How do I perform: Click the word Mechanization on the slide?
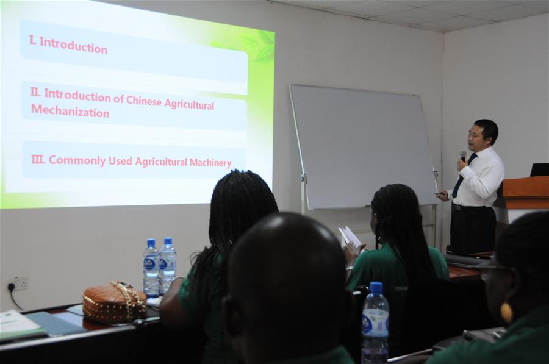70,112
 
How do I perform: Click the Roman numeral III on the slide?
38,159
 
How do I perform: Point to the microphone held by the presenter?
462,156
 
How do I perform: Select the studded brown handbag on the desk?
114,302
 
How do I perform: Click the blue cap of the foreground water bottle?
376,288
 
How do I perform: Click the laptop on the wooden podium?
539,170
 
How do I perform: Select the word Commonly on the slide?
77,160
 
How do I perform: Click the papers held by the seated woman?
351,237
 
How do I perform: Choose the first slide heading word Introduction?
73,47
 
